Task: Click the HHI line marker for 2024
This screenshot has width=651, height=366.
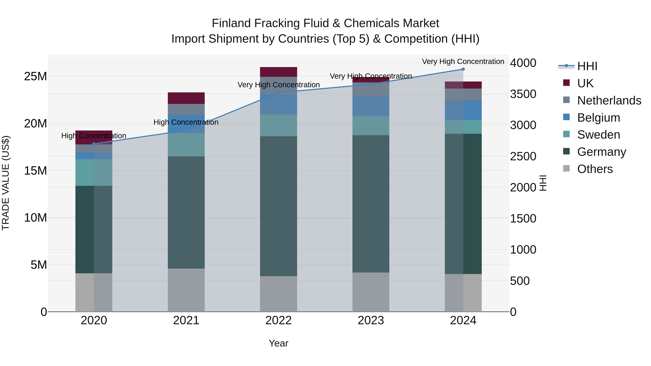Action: (463, 69)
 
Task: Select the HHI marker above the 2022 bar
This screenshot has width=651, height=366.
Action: (278, 93)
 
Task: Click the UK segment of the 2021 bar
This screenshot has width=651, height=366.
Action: (186, 98)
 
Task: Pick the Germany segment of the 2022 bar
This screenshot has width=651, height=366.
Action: (278, 206)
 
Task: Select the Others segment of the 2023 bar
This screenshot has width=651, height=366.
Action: (371, 292)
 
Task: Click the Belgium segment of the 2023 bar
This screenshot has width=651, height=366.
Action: (371, 106)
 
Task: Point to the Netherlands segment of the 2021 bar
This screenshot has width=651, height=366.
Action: (186, 109)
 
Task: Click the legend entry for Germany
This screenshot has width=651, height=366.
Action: (601, 152)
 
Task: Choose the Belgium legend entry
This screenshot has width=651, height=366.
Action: (598, 118)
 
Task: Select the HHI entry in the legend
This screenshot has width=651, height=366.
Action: (587, 66)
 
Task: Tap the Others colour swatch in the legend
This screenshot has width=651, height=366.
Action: (566, 168)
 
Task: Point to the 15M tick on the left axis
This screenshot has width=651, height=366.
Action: (35, 171)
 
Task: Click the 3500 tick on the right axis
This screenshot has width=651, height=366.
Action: (523, 94)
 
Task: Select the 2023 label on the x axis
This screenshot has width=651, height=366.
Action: (371, 320)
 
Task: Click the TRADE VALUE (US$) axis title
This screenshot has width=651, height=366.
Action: (6, 183)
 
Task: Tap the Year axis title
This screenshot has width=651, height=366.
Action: (278, 343)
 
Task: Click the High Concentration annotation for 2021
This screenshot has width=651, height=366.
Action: (186, 122)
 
